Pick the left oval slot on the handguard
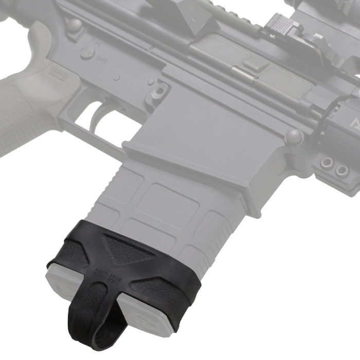(x=326, y=164)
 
